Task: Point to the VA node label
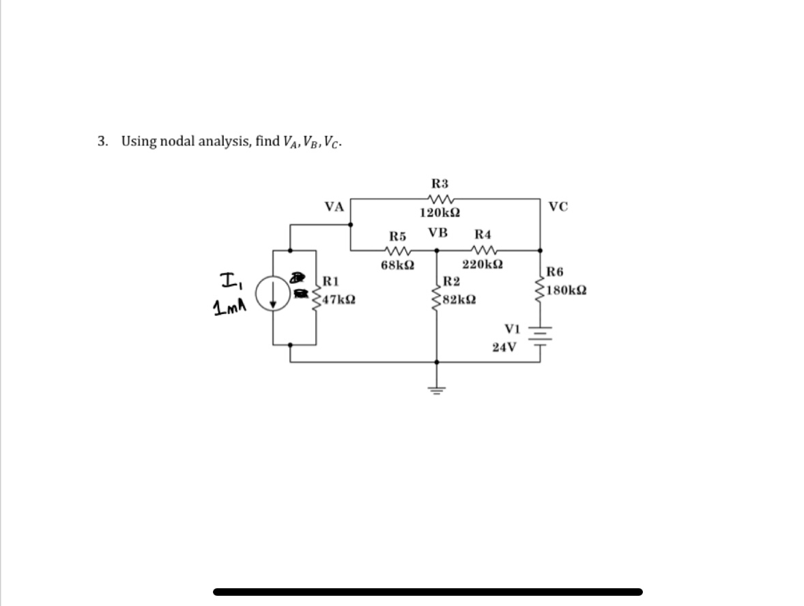(334, 207)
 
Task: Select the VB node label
(437, 232)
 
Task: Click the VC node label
(558, 207)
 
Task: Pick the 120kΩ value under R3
(440, 213)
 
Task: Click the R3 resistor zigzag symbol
(440, 199)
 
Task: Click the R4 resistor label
(483, 234)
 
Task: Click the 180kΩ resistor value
(567, 290)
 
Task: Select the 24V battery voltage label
(504, 347)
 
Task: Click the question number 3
(102, 141)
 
